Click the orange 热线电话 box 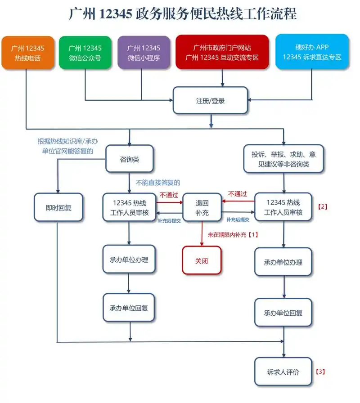tap(27, 53)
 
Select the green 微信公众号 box tap(85, 53)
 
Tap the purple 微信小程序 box tap(144, 53)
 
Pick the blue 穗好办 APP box tap(312, 53)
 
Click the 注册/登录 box tap(211, 101)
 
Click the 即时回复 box tap(58, 207)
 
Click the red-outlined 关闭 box tap(202, 260)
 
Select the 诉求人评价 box tap(283, 372)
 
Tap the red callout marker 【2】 tap(322, 207)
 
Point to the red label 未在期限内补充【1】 tap(233, 235)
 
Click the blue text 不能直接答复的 tap(157, 183)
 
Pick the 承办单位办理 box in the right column tap(283, 262)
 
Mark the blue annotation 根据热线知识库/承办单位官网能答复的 tap(67, 146)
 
